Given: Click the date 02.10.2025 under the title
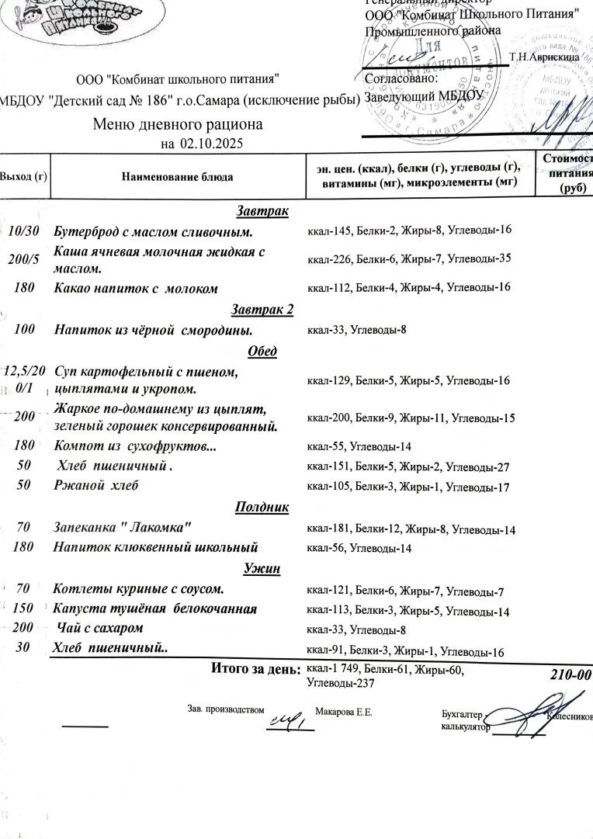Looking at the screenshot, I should point(212,144).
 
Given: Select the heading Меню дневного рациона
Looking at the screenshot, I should point(178,124).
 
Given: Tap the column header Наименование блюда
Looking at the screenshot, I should point(177,177).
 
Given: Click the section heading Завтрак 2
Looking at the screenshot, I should point(262,310).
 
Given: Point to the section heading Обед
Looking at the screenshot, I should point(262,351).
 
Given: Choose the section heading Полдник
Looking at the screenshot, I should point(262,507).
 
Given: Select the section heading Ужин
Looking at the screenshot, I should point(262,569).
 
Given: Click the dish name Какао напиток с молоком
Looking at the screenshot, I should point(136,288).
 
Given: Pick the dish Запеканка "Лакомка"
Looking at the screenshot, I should point(122,528).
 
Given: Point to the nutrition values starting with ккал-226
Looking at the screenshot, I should point(409,258).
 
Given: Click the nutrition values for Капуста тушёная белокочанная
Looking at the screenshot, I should point(408,611).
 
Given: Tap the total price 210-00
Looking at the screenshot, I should point(570,674).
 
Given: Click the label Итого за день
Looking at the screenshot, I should point(255,668).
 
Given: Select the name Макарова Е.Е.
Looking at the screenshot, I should point(344,712).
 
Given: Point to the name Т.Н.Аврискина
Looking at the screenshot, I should point(544,57).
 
